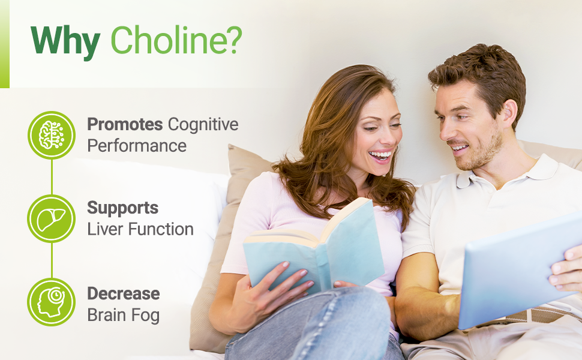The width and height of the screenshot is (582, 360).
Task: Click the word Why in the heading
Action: point(65,41)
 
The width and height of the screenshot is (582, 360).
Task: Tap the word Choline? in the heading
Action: point(176,41)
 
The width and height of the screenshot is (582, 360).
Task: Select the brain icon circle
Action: point(52,135)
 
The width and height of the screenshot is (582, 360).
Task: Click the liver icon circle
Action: point(52,218)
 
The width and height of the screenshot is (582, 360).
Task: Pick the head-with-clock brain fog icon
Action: point(52,302)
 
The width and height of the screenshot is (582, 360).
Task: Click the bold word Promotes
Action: point(125,124)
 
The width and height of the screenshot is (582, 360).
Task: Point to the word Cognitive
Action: point(203,124)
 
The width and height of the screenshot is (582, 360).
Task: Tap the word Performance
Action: point(137,146)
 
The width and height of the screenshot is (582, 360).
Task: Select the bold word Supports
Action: point(122,208)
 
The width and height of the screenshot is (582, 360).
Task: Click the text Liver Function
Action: point(140,229)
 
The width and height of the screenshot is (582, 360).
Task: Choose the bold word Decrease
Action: point(123,293)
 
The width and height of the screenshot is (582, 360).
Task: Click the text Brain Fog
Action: point(123,315)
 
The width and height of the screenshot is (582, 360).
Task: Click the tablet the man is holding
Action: point(516,276)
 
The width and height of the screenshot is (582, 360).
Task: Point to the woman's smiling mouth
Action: point(380,156)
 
